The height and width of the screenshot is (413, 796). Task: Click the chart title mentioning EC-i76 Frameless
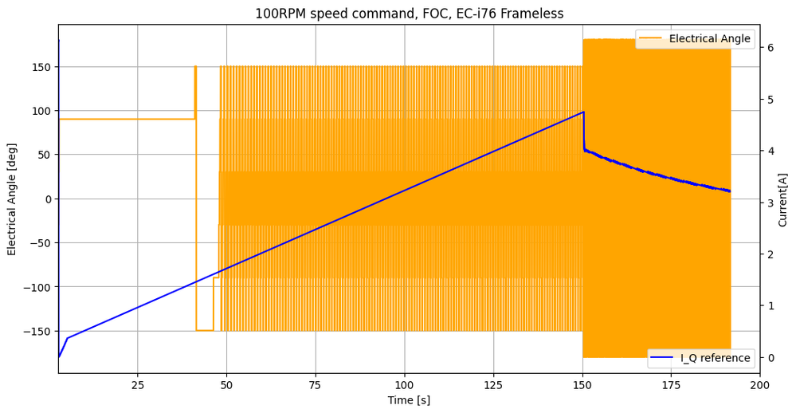click(x=409, y=14)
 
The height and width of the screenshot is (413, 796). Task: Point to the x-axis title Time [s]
click(x=409, y=400)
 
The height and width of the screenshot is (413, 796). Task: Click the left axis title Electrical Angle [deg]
click(x=12, y=199)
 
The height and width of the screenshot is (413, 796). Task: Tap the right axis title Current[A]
click(x=782, y=199)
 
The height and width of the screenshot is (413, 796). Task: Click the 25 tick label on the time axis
click(x=138, y=386)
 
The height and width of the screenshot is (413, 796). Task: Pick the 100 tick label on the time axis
click(x=405, y=386)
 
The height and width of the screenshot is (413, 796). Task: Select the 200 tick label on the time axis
click(x=760, y=386)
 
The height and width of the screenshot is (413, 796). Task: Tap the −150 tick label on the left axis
click(x=37, y=331)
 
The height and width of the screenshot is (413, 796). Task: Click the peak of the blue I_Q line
click(x=583, y=112)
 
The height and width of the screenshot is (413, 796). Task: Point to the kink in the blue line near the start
click(x=67, y=338)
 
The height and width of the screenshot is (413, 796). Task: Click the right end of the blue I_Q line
click(x=730, y=191)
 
